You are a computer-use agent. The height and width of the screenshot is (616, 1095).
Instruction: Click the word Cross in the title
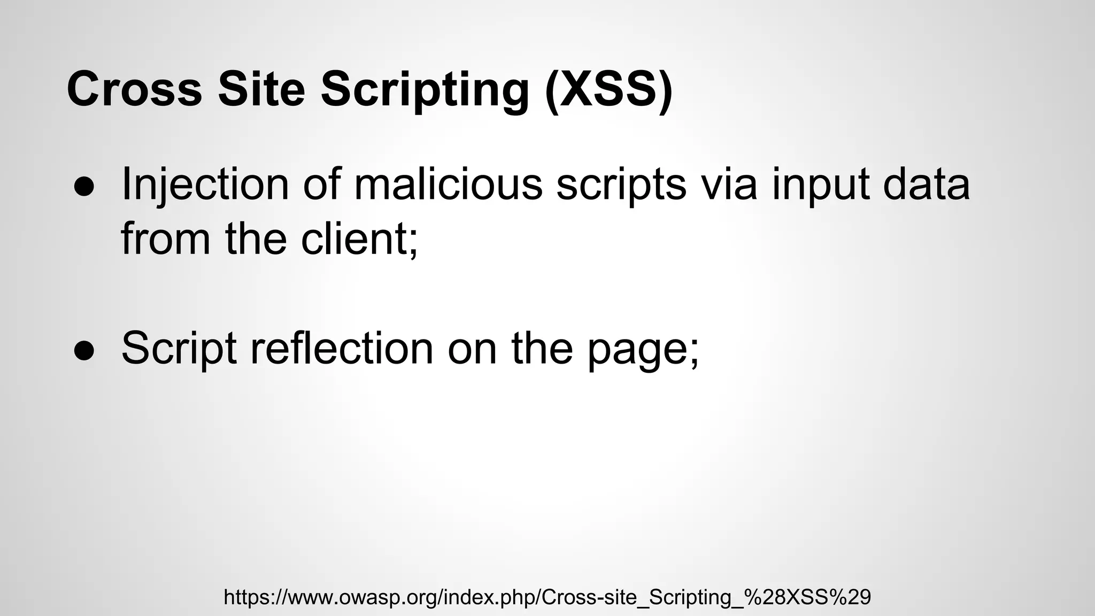(134, 89)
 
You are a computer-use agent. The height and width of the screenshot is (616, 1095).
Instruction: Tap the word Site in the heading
(261, 89)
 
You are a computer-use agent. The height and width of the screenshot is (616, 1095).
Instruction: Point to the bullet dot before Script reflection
(84, 350)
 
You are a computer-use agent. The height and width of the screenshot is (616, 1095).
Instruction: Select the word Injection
(205, 185)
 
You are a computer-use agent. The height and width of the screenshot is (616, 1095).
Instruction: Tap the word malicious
(448, 184)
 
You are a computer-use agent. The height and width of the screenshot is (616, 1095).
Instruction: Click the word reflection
(342, 349)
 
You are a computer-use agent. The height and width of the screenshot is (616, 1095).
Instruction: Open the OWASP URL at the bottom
(547, 597)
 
